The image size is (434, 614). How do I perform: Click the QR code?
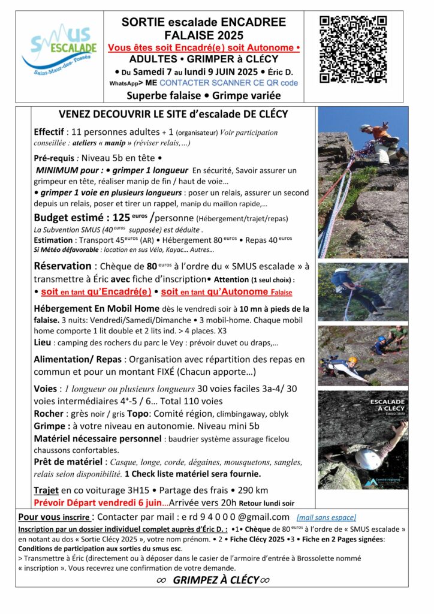(352, 49)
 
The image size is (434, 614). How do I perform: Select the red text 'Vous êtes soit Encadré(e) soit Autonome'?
(202, 47)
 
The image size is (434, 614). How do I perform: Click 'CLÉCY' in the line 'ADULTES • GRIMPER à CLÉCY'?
(260, 59)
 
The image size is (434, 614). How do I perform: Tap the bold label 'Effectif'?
(50, 132)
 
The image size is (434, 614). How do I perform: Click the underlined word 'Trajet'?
(46, 490)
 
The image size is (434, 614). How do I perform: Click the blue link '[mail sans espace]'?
(326, 517)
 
